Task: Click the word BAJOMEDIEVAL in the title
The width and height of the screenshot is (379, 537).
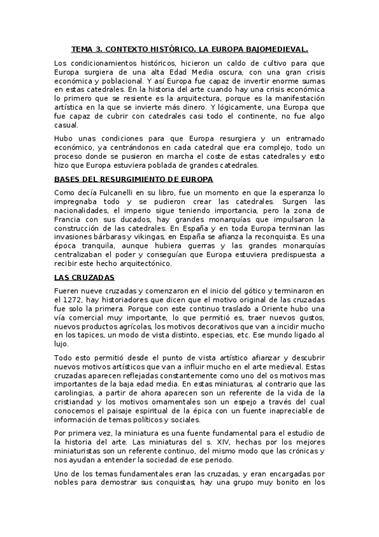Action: (276, 48)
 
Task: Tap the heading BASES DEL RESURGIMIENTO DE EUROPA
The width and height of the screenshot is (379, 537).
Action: (134, 179)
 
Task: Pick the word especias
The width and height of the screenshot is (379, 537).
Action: (218, 334)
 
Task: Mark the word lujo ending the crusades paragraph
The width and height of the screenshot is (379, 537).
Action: (61, 343)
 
